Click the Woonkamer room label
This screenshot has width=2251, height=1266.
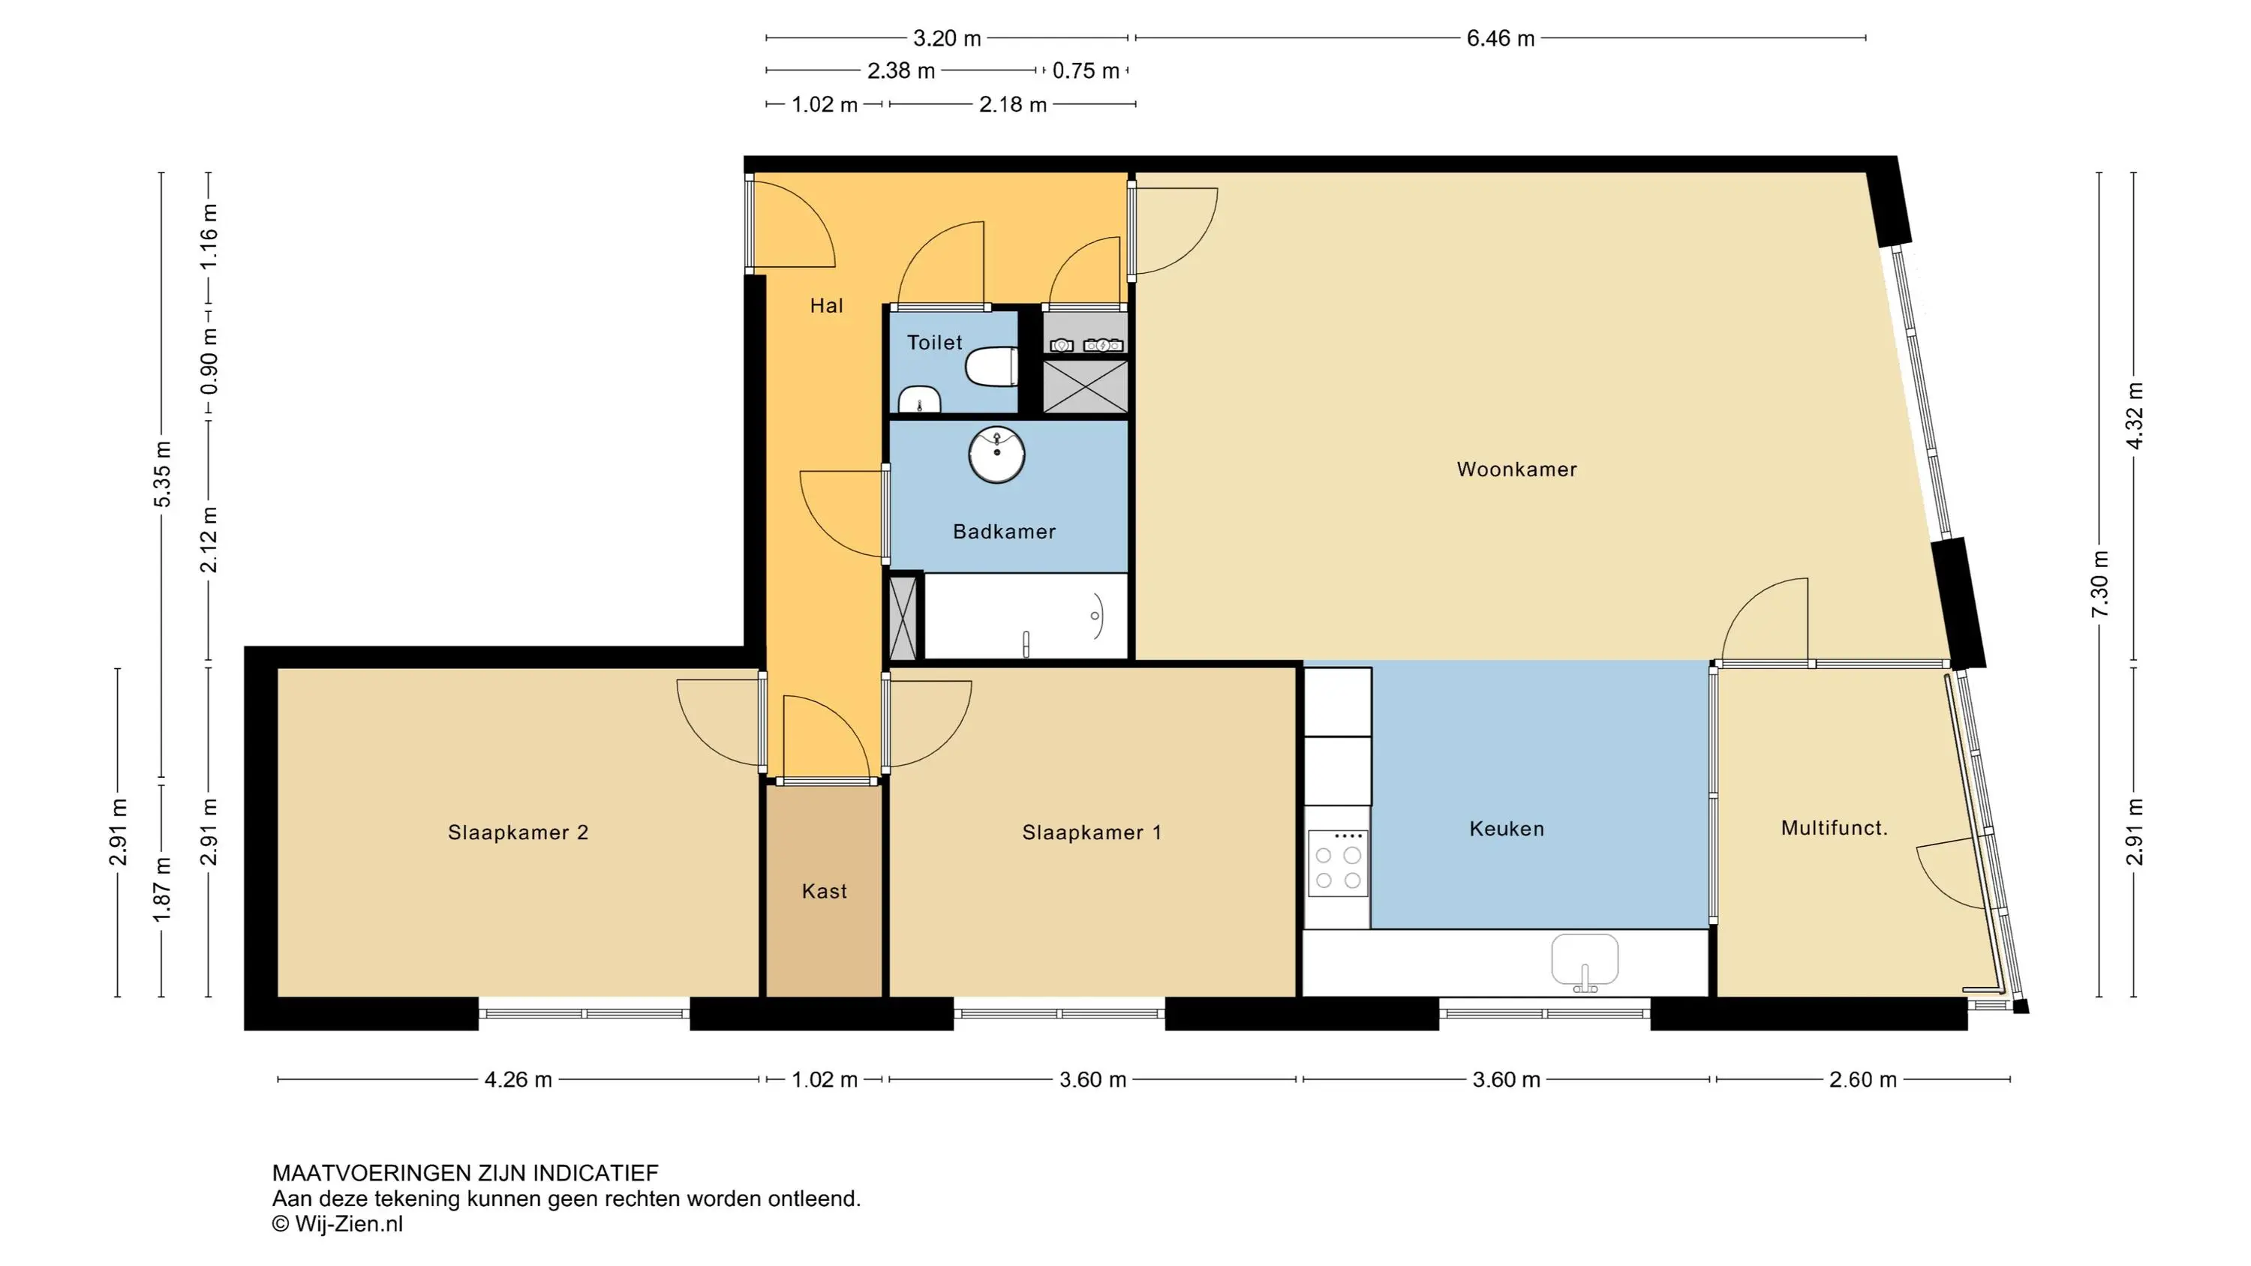pyautogui.click(x=1516, y=469)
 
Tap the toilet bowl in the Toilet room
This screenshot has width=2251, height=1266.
pyautogui.click(x=991, y=366)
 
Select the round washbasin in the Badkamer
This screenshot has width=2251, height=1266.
pyautogui.click(x=997, y=454)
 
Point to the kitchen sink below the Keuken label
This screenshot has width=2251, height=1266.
pyautogui.click(x=1584, y=961)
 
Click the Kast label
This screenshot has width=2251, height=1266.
pyautogui.click(x=824, y=891)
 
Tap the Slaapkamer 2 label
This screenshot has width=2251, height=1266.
pyautogui.click(x=518, y=832)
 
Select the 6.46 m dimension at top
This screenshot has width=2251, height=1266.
pyautogui.click(x=1501, y=38)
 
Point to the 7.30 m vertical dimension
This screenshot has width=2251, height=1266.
pyautogui.click(x=2100, y=583)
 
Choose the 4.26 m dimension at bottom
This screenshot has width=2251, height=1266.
pyautogui.click(x=518, y=1080)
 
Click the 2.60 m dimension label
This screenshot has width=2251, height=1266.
pyautogui.click(x=1863, y=1080)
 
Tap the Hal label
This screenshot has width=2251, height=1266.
pyautogui.click(x=827, y=306)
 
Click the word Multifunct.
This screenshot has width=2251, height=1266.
pyautogui.click(x=1834, y=827)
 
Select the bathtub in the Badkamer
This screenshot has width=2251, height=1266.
pyautogui.click(x=1026, y=616)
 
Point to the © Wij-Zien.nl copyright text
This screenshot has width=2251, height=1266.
pyautogui.click(x=338, y=1224)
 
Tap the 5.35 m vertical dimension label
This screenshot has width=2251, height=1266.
pyautogui.click(x=161, y=475)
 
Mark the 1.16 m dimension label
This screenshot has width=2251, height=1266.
pyautogui.click(x=209, y=238)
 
